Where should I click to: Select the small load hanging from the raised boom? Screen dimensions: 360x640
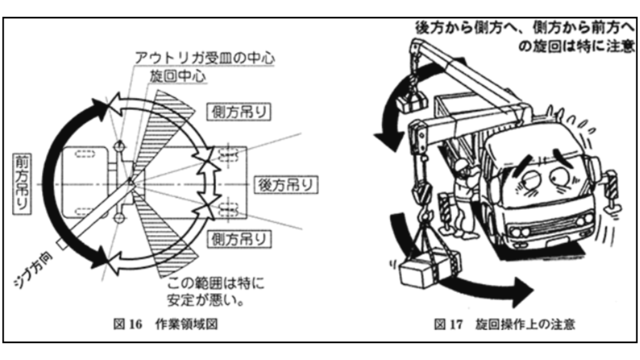409,102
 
